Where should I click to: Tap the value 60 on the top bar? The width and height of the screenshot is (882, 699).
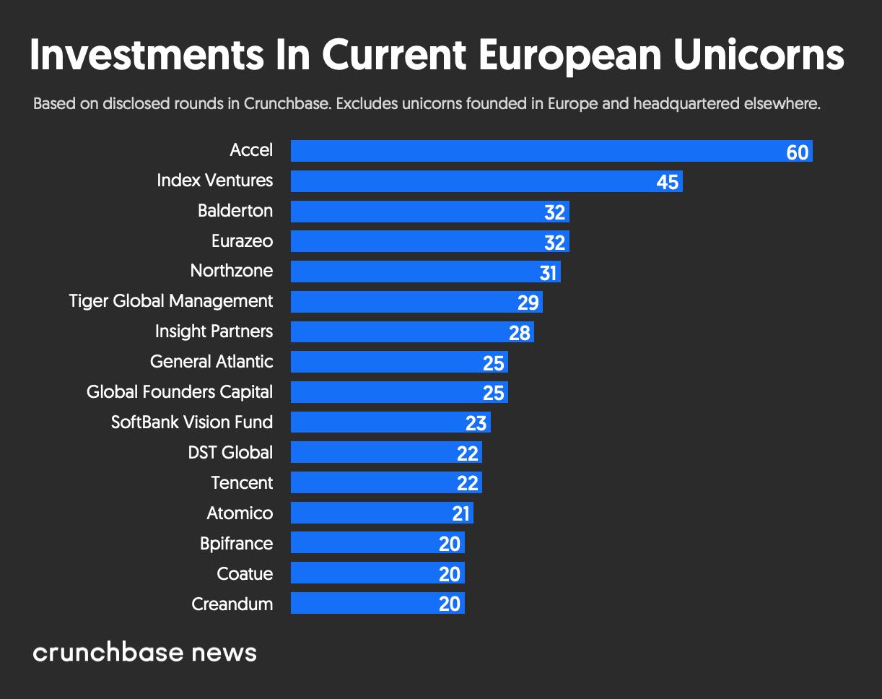[797, 152]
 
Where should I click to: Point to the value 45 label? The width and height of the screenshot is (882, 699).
[668, 183]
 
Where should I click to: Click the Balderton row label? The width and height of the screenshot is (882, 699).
[235, 211]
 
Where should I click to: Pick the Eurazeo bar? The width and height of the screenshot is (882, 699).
[430, 242]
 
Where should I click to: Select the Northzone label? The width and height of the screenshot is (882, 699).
[232, 271]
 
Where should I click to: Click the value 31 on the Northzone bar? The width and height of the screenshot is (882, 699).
[548, 273]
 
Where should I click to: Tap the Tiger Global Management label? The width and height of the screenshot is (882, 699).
[171, 301]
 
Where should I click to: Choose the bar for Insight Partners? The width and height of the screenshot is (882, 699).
[412, 332]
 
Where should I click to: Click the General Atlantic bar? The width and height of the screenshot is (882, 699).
[399, 362]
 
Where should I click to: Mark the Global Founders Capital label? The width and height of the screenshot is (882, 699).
[180, 392]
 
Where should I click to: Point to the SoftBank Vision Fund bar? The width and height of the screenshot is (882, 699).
[390, 422]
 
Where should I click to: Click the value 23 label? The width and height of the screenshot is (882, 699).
[476, 424]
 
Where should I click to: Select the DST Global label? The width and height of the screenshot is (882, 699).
[230, 453]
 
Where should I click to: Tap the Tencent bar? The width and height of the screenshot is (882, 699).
[386, 483]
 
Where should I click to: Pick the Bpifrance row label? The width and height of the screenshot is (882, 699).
[236, 544]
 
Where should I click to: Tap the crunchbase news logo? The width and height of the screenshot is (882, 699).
[145, 653]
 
